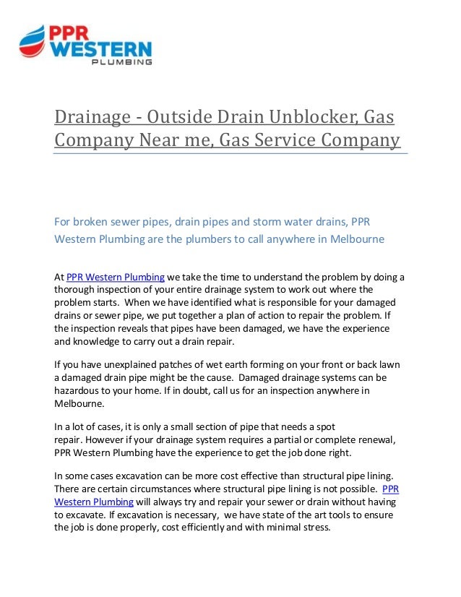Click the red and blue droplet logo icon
click(32, 42)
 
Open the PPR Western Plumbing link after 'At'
click(116, 277)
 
